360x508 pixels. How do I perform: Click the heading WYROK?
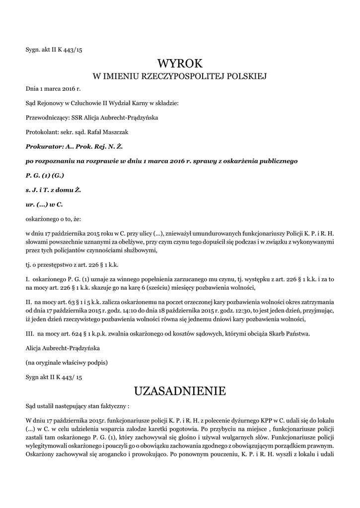point(180,63)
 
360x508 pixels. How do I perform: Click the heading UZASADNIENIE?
point(180,391)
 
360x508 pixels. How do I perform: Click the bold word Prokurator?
point(44,147)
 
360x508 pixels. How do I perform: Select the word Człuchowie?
point(86,103)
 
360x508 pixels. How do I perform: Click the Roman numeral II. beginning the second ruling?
point(29,302)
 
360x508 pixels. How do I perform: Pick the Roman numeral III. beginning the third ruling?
point(30,334)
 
